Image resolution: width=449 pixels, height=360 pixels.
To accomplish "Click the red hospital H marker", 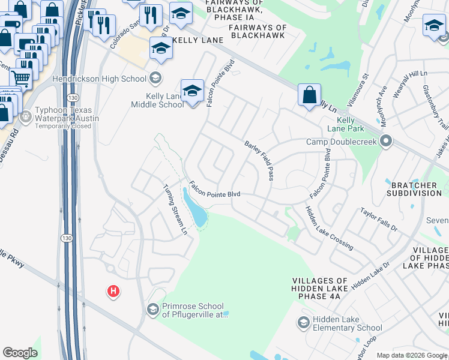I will [113, 292].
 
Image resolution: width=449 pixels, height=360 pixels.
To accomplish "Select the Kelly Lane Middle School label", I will [157, 100].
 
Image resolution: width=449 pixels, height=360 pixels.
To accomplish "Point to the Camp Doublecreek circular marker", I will [386, 142].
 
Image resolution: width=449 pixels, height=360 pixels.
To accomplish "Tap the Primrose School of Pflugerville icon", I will [152, 309].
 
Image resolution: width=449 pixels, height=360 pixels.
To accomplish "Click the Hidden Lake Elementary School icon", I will [304, 323].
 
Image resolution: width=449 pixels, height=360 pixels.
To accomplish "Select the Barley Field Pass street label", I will [259, 160].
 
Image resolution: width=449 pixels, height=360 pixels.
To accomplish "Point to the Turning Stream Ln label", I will [176, 209].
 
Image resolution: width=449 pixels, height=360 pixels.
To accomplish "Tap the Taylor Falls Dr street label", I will [378, 220].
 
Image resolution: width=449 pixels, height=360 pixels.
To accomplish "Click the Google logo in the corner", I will [20, 353].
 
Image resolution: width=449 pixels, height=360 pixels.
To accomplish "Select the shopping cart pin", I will [21, 77].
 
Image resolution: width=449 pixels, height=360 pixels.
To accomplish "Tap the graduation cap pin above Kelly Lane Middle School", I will [192, 92].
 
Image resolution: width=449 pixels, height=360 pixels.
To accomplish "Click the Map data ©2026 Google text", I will [411, 355].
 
